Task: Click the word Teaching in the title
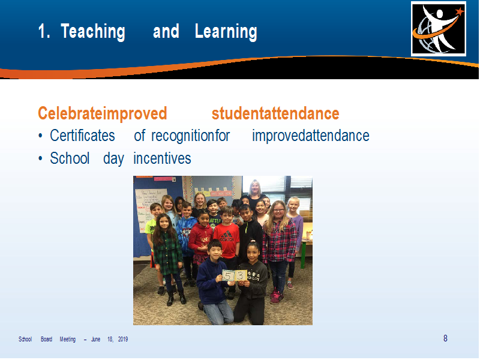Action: coord(93,32)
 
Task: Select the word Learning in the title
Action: coord(226,32)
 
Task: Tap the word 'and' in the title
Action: coord(166,31)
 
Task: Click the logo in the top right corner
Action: coord(439,29)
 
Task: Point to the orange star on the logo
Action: coord(459,11)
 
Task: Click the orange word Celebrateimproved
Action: coord(102,113)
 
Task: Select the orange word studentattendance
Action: coord(275,113)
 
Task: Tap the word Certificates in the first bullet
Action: coord(82,136)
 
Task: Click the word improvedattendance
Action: coord(311,136)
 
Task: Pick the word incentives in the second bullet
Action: coord(162,158)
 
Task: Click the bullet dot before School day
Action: coord(40,158)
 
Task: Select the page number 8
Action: coord(445,338)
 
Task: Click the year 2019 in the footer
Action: coord(123,339)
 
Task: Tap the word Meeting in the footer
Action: coord(68,339)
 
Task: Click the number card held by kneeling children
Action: coord(234,276)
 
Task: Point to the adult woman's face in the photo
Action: coord(254,188)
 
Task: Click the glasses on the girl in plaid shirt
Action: coord(278,211)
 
